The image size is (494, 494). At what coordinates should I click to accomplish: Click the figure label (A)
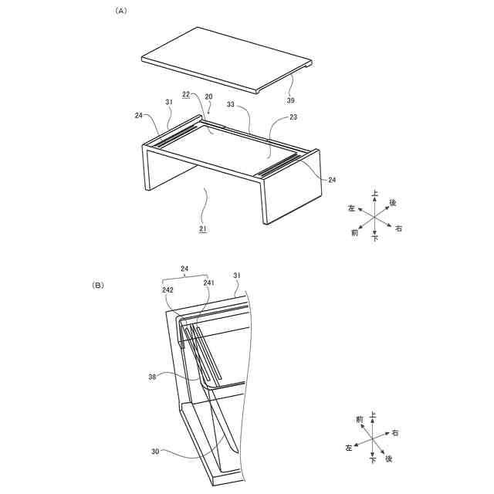pos(121,11)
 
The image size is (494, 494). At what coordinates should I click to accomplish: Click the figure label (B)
pos(98,286)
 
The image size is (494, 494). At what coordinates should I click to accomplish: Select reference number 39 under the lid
pos(290,100)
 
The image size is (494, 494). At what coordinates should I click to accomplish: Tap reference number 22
pos(186,94)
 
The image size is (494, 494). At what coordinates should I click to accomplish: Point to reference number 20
pos(208,96)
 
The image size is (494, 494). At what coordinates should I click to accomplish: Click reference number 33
pos(231,104)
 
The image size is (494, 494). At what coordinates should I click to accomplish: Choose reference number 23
pos(293,117)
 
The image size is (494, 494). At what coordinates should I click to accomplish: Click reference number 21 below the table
pos(203,228)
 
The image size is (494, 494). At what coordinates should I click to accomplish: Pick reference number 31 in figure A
pos(169,102)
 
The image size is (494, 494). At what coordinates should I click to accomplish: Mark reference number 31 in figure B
pos(237,276)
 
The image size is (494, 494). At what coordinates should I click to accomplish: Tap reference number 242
pos(167,290)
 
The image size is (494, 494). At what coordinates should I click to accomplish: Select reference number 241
pos(208,283)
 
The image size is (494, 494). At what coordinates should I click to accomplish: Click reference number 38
pos(152,377)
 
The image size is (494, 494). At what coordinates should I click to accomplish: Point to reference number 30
pos(155,452)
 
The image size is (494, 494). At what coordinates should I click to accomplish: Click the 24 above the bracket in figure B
pos(184,269)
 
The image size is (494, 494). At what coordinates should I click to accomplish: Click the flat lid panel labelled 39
pos(227,59)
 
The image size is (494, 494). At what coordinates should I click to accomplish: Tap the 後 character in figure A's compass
pos(393,203)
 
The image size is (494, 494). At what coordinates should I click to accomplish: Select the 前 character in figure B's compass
pos(360,420)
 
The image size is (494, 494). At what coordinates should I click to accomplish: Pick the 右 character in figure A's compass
pos(399,228)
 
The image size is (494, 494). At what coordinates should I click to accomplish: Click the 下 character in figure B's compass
pos(373,461)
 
